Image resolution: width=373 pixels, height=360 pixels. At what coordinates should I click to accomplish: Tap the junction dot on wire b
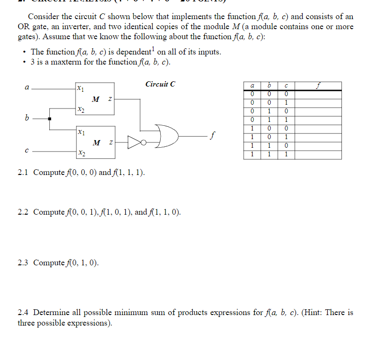pos(49,117)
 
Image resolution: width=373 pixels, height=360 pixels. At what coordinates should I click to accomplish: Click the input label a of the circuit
pos(27,88)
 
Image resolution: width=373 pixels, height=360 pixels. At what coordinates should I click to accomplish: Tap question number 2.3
pos(23,262)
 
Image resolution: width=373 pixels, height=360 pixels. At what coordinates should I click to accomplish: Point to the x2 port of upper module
pos(81,110)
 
